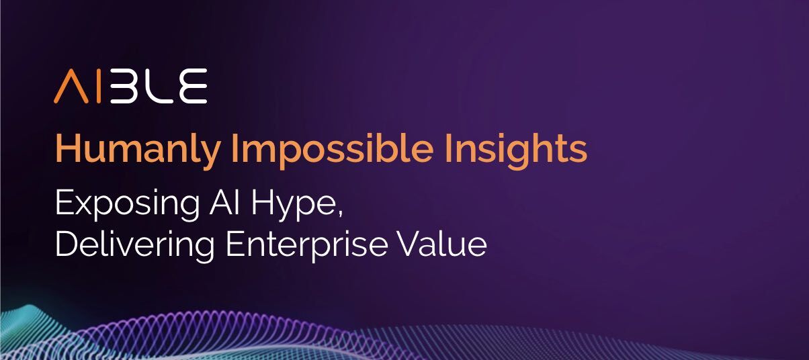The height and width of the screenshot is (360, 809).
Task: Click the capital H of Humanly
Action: [x=66, y=150]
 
